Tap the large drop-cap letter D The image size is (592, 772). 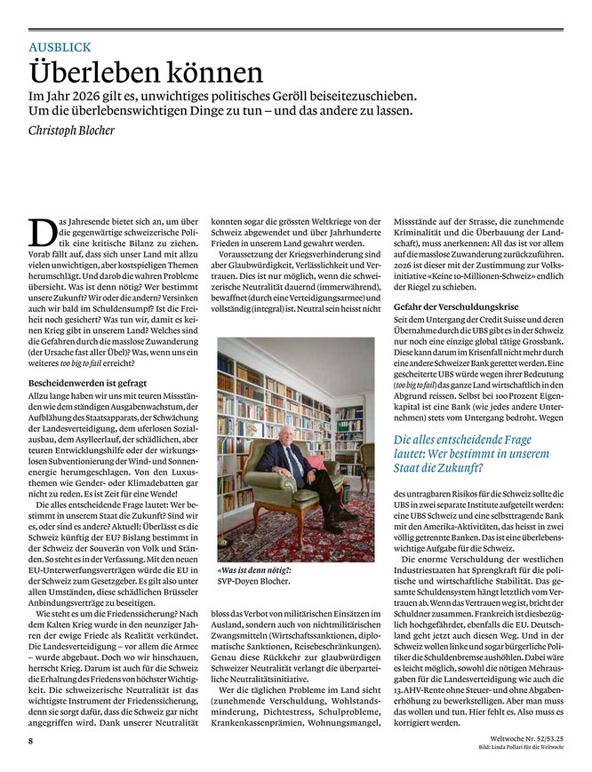[x=42, y=233]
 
